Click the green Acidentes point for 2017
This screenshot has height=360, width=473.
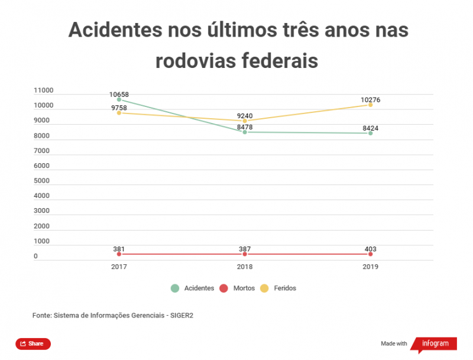tap(119, 99)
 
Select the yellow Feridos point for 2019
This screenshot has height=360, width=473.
tap(370, 105)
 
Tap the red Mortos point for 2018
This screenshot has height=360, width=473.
tap(245, 254)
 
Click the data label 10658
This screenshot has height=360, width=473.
tap(119, 94)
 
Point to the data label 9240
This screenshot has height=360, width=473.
tap(245, 116)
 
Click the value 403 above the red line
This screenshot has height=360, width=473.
tap(370, 249)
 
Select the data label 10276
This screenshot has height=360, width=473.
tap(370, 99)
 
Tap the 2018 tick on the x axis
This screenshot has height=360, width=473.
tap(245, 267)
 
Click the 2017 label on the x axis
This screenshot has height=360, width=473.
tap(119, 267)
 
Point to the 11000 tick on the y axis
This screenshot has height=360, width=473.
tap(44, 90)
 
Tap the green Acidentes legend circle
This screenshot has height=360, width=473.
tap(175, 288)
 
